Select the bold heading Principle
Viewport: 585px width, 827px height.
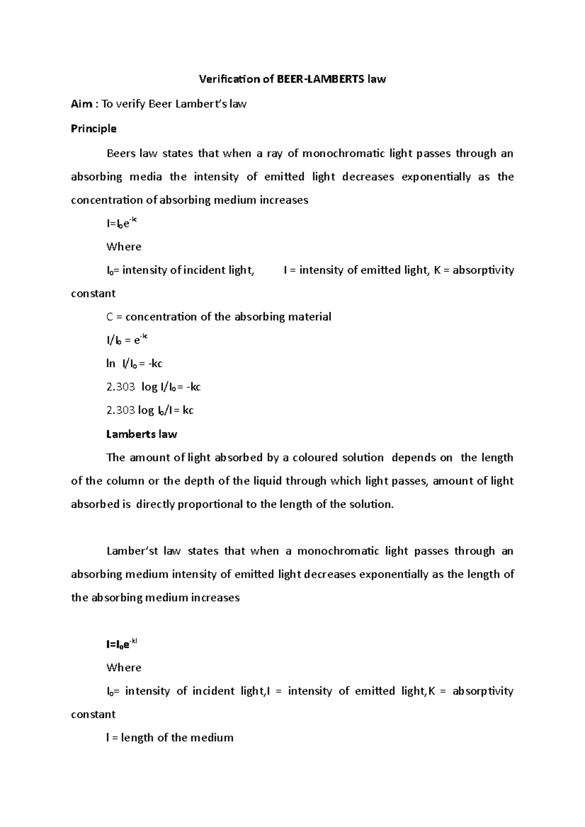[x=94, y=129]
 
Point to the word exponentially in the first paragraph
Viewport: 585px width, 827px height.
[x=436, y=177]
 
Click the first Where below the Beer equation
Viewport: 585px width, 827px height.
[x=124, y=247]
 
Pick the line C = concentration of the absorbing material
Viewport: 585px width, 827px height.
[x=218, y=317]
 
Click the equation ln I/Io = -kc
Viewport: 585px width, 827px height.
[x=134, y=363]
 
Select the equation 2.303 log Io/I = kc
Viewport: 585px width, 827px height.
[x=150, y=410]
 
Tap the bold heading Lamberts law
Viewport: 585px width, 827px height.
[x=141, y=434]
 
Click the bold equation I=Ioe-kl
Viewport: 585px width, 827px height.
[x=122, y=644]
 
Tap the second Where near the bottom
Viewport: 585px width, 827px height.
[x=124, y=668]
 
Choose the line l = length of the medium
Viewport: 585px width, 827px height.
[x=170, y=738]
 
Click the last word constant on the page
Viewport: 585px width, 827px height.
[x=93, y=714]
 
